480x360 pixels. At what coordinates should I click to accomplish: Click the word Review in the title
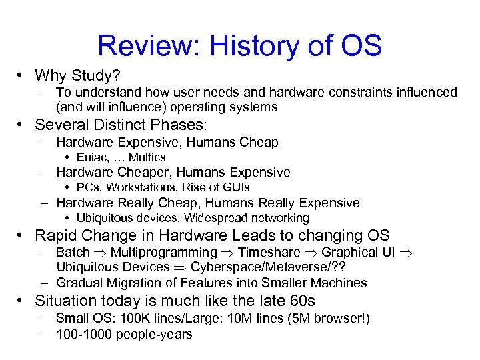(x=147, y=46)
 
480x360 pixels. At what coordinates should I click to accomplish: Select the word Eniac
(x=91, y=157)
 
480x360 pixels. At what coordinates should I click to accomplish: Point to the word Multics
(x=147, y=157)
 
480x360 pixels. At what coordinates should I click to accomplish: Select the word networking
(x=277, y=218)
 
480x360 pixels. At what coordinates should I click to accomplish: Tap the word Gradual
(x=79, y=283)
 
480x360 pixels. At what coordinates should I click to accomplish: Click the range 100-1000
(x=84, y=334)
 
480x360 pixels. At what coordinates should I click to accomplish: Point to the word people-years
(x=154, y=335)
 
